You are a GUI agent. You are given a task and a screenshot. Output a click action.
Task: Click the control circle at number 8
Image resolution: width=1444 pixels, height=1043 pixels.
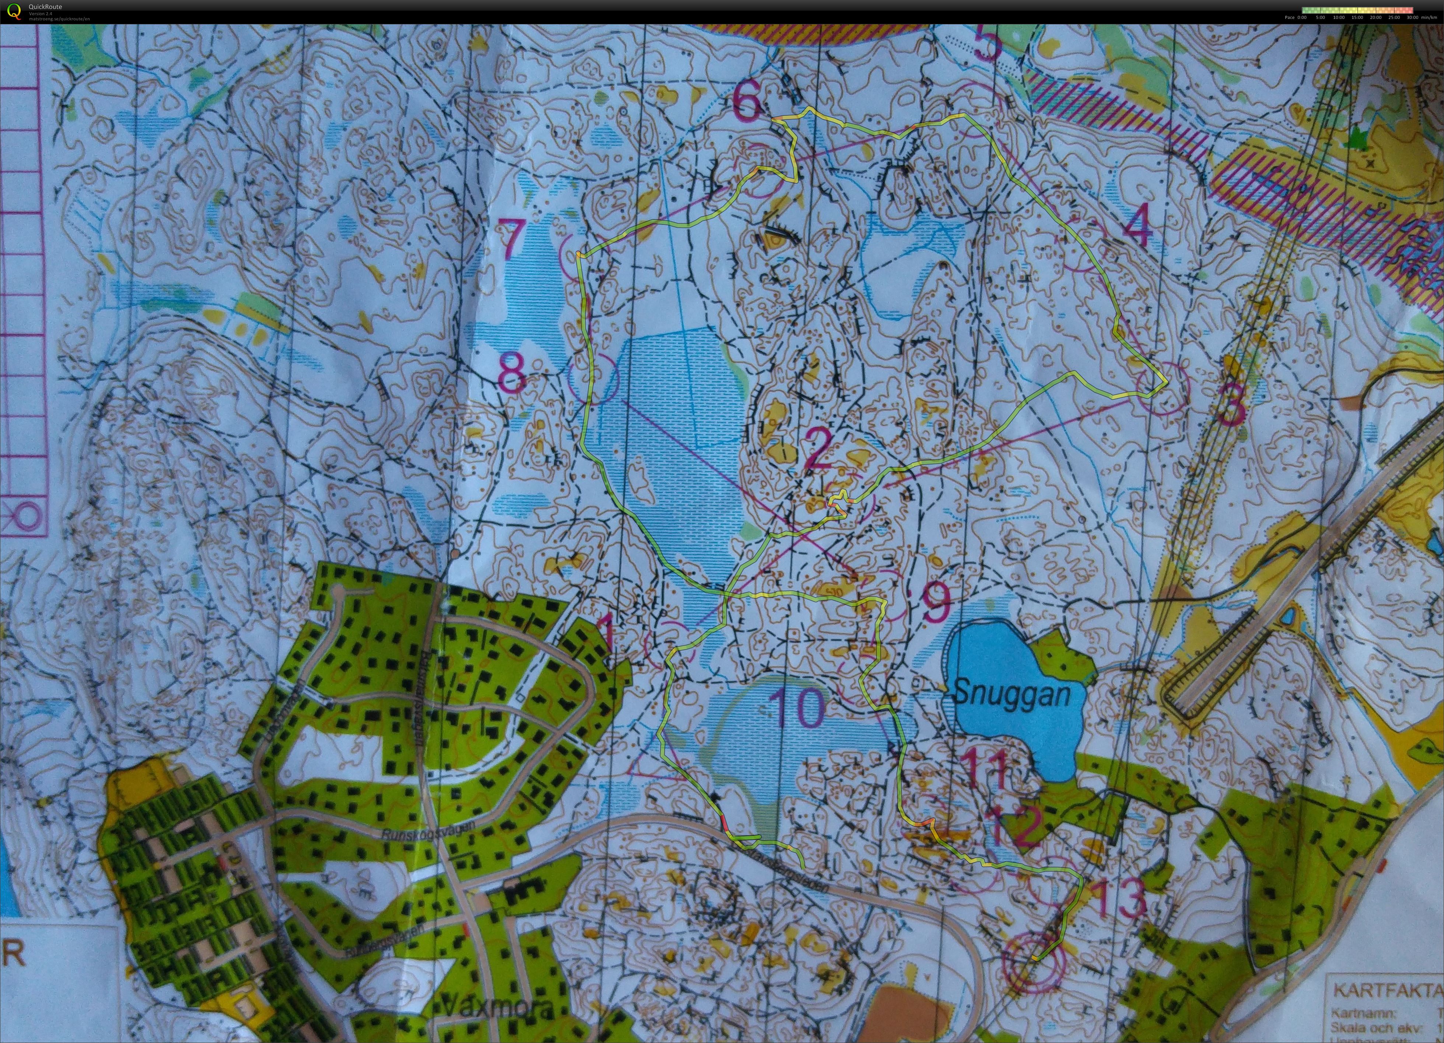point(593,379)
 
